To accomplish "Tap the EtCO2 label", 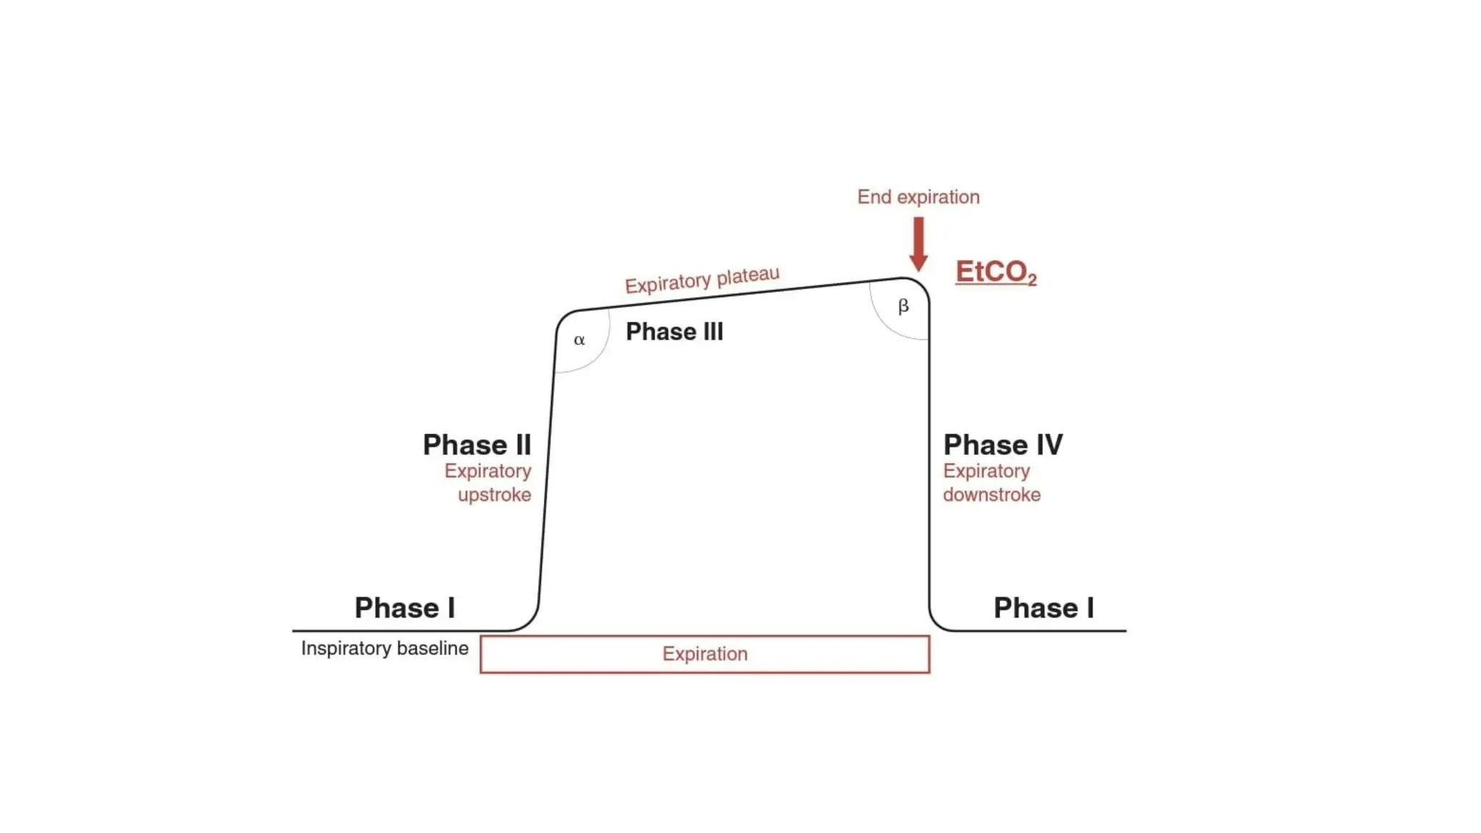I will click(x=995, y=272).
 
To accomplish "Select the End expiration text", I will click(x=918, y=197).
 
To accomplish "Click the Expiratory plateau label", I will click(x=701, y=280).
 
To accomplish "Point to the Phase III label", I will click(x=674, y=332).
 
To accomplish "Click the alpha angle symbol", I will click(x=579, y=340).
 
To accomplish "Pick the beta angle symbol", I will click(x=903, y=306).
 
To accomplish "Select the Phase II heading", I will click(x=477, y=445).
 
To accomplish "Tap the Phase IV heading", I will click(x=1003, y=445).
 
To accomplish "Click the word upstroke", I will click(x=495, y=495).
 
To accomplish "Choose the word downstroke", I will click(x=991, y=495).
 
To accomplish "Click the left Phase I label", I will click(x=404, y=608).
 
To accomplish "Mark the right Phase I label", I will click(x=1043, y=608).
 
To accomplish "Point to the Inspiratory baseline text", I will click(x=385, y=649).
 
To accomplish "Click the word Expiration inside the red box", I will click(x=705, y=654).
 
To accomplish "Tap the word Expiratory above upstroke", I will click(x=488, y=471).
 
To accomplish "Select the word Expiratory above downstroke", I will click(x=986, y=471).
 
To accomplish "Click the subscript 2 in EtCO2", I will click(x=1032, y=280).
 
